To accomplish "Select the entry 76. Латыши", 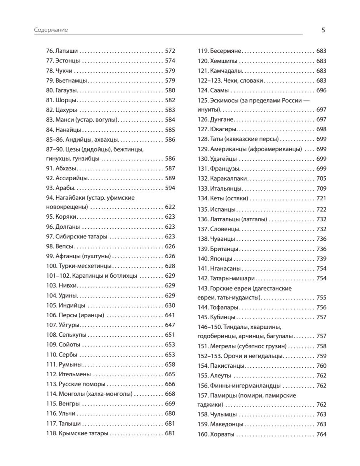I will point(62,51).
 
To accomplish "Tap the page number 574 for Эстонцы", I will point(170,61).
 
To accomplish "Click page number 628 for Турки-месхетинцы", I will point(170,266).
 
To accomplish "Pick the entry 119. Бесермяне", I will point(220,51).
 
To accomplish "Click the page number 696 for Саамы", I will point(322,90).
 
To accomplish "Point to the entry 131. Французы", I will point(219,169).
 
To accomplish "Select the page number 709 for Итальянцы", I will point(322,189).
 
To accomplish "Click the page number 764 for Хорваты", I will point(322,435).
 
